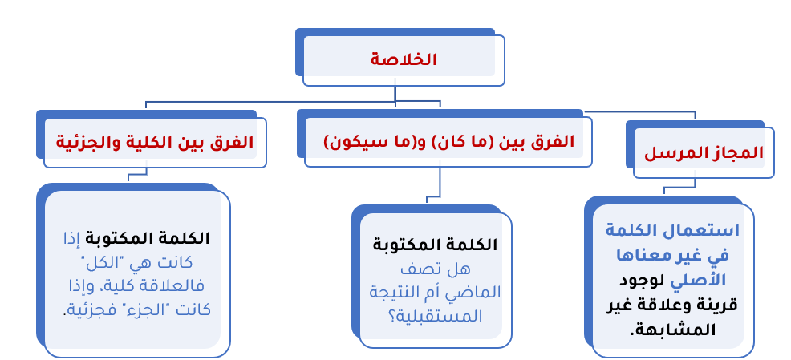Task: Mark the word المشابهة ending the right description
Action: (675, 330)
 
